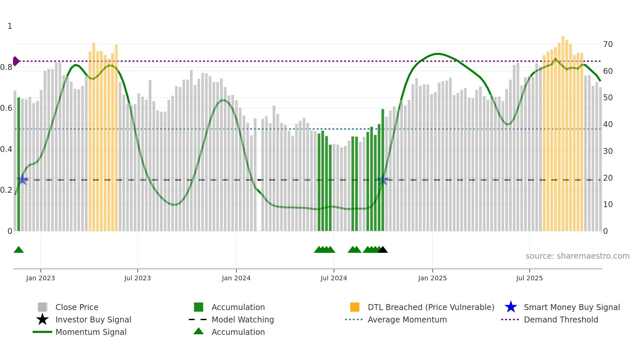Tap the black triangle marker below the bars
[383, 250]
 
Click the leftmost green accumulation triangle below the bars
[19, 250]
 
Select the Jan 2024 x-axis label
[236, 278]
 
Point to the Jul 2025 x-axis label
[529, 278]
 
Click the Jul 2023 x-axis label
[137, 278]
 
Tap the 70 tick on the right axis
[608, 44]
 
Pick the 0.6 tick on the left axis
[7, 108]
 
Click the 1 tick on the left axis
[10, 26]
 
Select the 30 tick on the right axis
[608, 151]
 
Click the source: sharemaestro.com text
[577, 256]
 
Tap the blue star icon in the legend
[511, 307]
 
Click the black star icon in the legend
[42, 319]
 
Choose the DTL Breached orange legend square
[355, 307]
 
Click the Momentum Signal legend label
[91, 332]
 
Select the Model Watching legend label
[243, 319]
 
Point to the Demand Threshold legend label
[561, 319]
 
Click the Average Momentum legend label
[407, 319]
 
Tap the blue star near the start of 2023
[22, 179]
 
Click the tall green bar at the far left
[19, 163]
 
